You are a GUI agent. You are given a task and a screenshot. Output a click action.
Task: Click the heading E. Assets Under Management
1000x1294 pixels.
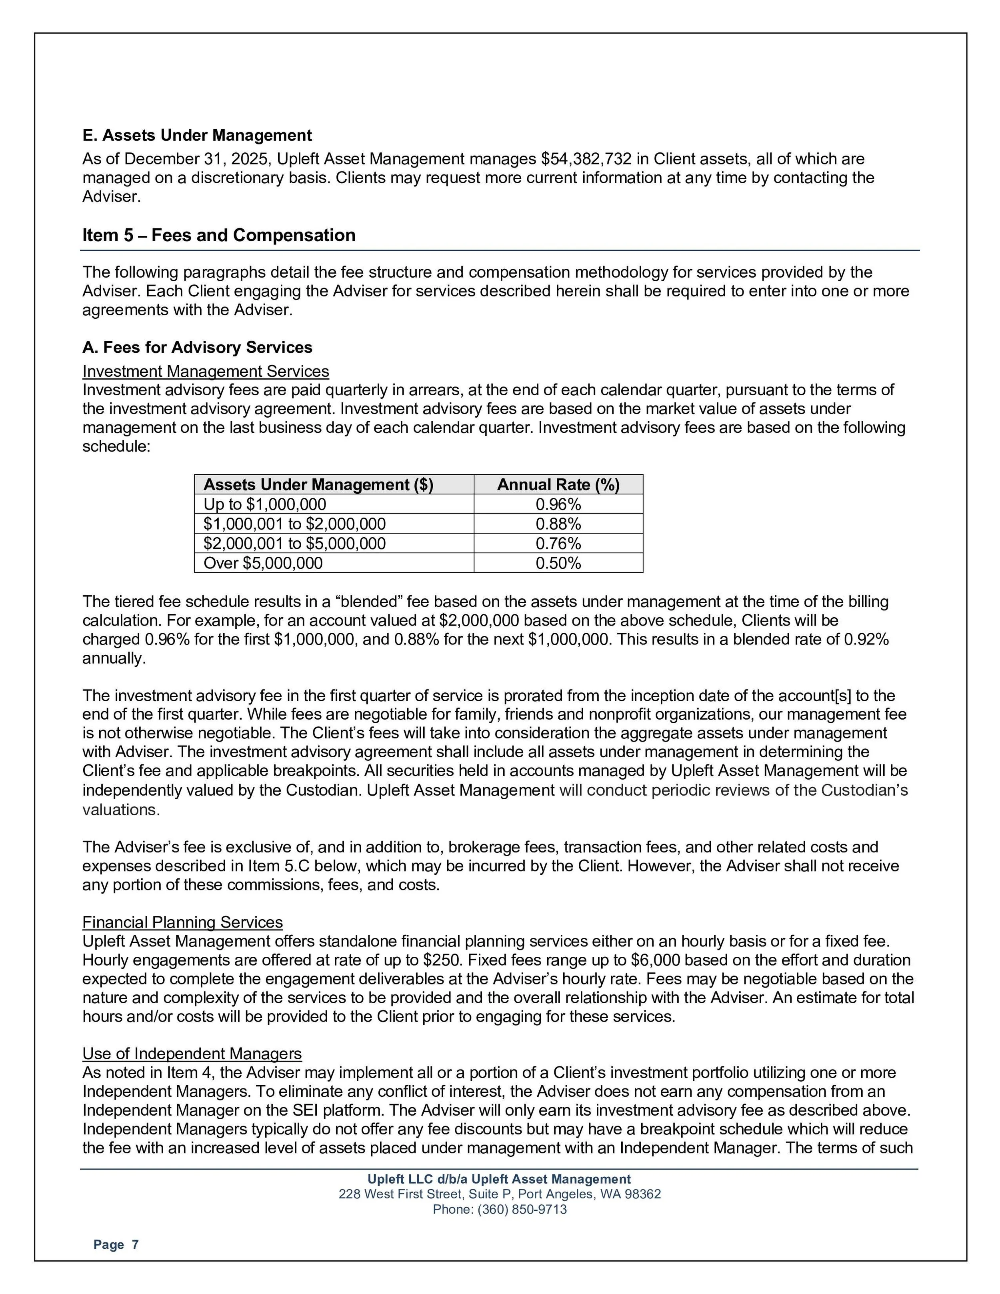pos(197,136)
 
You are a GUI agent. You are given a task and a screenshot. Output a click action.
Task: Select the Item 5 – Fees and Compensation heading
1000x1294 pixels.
pos(219,235)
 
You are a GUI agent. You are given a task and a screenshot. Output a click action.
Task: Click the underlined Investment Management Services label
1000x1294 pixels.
pos(206,372)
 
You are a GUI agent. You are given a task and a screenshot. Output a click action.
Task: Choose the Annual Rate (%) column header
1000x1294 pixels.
pos(558,485)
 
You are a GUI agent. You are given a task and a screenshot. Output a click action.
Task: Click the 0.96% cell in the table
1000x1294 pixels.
pos(558,504)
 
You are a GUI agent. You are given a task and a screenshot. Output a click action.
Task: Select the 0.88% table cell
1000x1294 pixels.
pos(558,524)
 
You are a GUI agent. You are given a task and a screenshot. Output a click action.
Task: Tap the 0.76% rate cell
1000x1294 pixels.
pos(558,543)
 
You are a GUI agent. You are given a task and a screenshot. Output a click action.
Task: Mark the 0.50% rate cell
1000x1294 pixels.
pos(558,563)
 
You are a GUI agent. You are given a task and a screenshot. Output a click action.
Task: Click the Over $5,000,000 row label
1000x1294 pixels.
pos(263,563)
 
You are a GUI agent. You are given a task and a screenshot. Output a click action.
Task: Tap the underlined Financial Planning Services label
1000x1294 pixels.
pos(182,922)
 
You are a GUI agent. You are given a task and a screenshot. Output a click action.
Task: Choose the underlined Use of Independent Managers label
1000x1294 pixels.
pos(192,1054)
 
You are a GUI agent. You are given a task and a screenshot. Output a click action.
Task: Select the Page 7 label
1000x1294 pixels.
pos(116,1245)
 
